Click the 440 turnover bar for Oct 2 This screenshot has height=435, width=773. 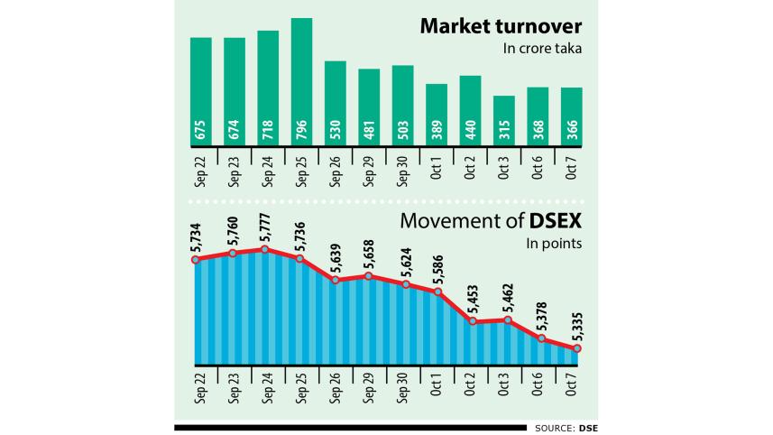[470, 111]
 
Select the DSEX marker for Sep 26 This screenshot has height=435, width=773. [336, 280]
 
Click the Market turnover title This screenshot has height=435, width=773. [499, 26]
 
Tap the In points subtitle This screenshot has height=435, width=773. [550, 244]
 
